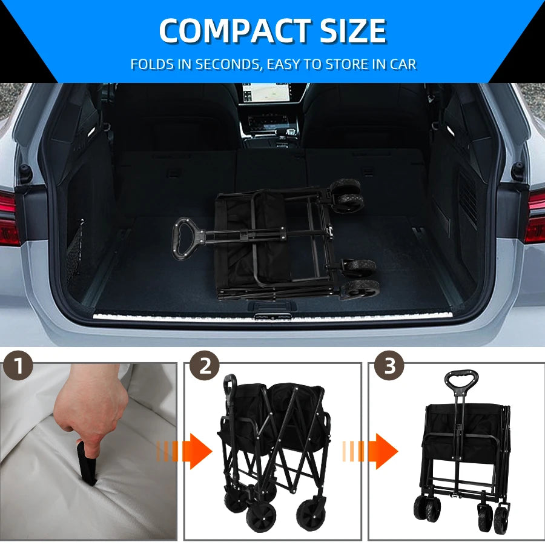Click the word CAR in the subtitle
click(x=401, y=64)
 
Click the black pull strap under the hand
click(x=86, y=463)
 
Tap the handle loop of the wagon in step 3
click(x=461, y=380)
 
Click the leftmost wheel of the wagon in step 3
click(x=423, y=507)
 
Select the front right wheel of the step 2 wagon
click(x=311, y=512)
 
